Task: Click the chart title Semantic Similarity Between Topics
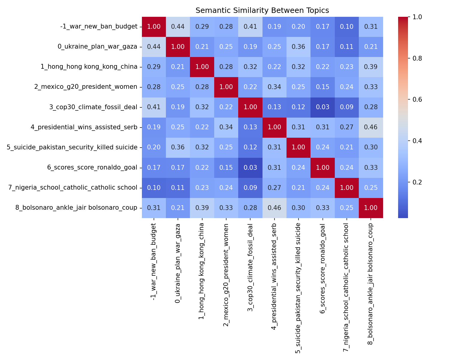[262, 10]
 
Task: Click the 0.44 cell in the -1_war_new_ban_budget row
[178, 27]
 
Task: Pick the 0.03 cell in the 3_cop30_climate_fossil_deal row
[322, 107]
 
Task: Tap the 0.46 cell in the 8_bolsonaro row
[274, 208]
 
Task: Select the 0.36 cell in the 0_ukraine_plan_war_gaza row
[298, 47]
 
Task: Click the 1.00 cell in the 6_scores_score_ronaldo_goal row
[322, 168]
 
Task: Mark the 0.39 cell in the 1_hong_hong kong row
[371, 67]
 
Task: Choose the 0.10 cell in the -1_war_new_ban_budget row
[347, 27]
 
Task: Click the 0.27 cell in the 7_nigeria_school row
[274, 188]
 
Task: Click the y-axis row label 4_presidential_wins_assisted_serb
[84, 127]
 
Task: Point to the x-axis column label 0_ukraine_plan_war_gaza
[178, 263]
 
